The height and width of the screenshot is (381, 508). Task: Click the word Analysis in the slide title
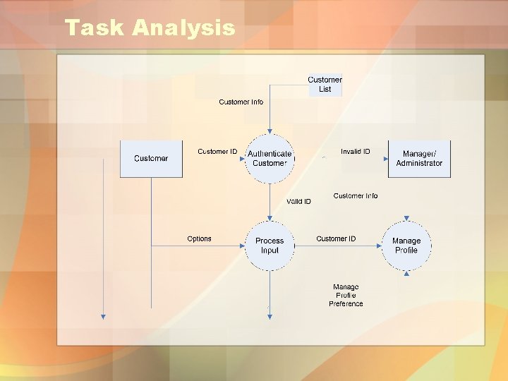[x=183, y=28]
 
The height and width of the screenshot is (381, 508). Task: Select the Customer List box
[x=325, y=85]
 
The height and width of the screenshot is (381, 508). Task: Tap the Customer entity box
[x=151, y=159]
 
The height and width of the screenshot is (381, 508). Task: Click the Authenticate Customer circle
[x=270, y=159]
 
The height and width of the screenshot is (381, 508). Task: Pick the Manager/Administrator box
[x=419, y=159]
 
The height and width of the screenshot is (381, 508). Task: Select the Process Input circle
[x=270, y=246]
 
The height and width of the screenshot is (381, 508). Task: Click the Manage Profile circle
[x=406, y=246]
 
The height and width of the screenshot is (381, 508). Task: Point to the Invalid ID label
[x=355, y=151]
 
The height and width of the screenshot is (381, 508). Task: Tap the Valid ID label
[x=298, y=202]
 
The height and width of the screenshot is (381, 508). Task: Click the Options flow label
[x=199, y=238]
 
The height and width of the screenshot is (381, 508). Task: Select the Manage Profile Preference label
[x=346, y=296]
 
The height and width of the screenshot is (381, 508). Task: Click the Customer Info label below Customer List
[x=241, y=102]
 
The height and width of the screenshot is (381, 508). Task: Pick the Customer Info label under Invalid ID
[x=356, y=196]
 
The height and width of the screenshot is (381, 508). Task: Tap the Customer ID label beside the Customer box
[x=217, y=152]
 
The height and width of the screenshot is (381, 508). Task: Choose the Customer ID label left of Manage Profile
[x=336, y=238]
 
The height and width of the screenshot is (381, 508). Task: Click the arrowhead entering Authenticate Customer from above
[x=270, y=131]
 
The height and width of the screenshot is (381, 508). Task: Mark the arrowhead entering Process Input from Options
[x=242, y=246]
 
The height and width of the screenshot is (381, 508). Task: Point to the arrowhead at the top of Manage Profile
[x=406, y=219]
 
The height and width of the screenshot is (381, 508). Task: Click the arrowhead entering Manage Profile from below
[x=406, y=272]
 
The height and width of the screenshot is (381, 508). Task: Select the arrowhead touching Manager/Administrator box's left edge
[x=386, y=159]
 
